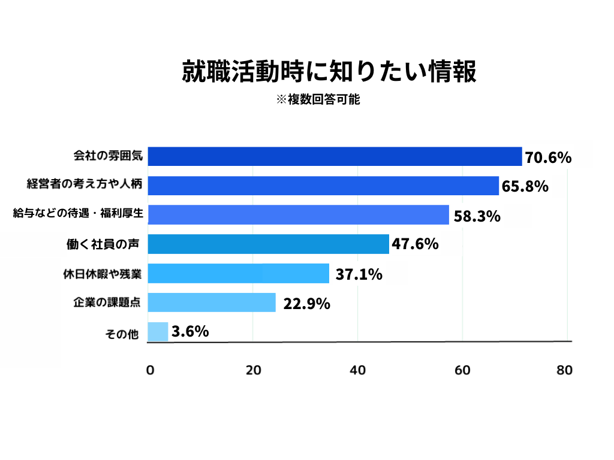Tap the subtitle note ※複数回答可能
(318, 100)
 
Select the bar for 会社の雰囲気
(335, 156)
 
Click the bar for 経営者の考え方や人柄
(323, 186)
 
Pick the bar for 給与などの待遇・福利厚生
(298, 214)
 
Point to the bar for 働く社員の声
(268, 244)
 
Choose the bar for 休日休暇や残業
(238, 273)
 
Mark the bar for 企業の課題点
(212, 302)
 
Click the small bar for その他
(158, 332)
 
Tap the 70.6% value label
(548, 158)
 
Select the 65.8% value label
(525, 186)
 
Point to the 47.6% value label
(415, 244)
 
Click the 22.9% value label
(306, 304)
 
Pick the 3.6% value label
(190, 331)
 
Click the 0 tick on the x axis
(150, 370)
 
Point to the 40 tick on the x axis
(357, 370)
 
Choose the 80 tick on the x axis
(564, 370)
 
